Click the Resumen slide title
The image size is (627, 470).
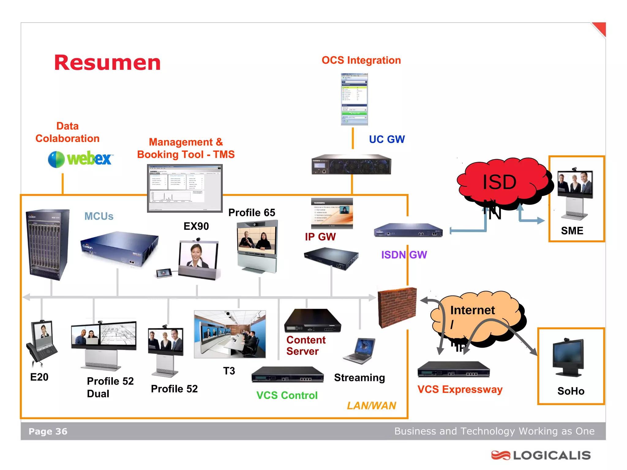tap(107, 63)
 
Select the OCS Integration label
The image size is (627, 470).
tap(361, 60)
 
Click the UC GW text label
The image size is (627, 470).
tap(387, 140)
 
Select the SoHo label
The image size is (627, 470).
tap(571, 391)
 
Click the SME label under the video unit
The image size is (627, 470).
tap(572, 231)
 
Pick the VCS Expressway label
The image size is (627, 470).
tap(460, 389)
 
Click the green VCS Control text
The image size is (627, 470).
tap(287, 395)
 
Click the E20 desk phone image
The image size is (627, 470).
tap(42, 343)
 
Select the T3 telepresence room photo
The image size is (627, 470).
tap(230, 334)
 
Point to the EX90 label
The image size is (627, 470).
tap(196, 226)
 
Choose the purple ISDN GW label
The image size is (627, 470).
tap(404, 255)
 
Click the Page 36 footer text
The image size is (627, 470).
tap(48, 431)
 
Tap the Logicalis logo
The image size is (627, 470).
tap(541, 455)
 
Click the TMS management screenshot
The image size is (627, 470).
tap(185, 188)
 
